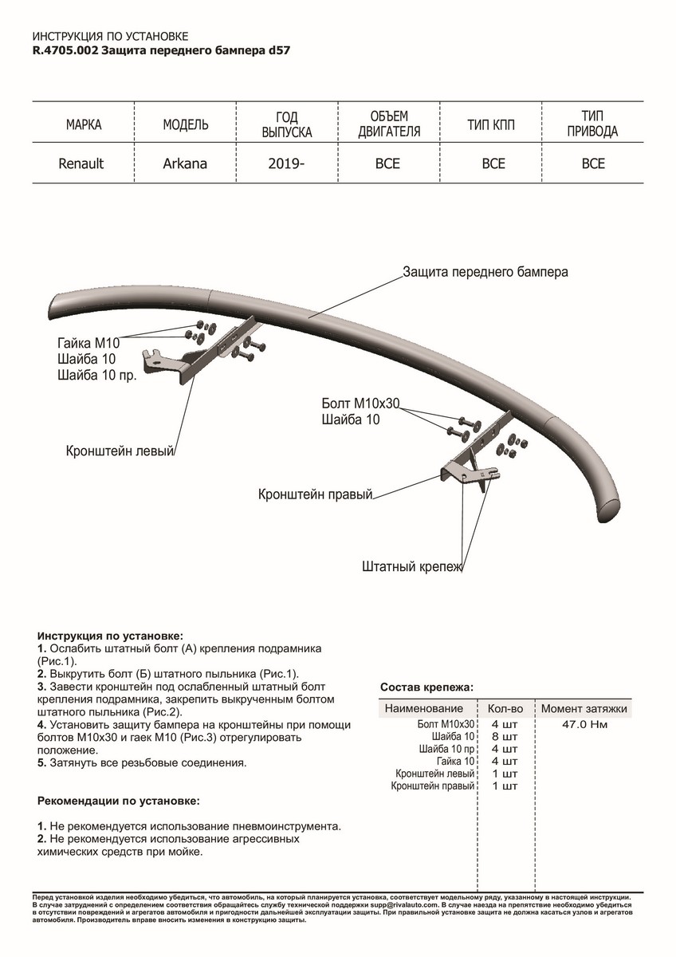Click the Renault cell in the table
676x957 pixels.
(x=81, y=163)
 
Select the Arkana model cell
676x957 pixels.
(x=185, y=163)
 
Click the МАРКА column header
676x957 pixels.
(x=83, y=125)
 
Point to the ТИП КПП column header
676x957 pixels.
(x=493, y=125)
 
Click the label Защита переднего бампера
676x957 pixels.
(x=485, y=271)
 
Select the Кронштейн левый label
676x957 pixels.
(x=120, y=451)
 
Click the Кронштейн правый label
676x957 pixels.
(x=316, y=494)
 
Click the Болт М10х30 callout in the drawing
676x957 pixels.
(x=360, y=404)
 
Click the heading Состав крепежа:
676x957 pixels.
(x=426, y=687)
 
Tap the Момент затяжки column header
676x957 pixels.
(x=584, y=708)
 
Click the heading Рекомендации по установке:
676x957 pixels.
(x=119, y=800)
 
